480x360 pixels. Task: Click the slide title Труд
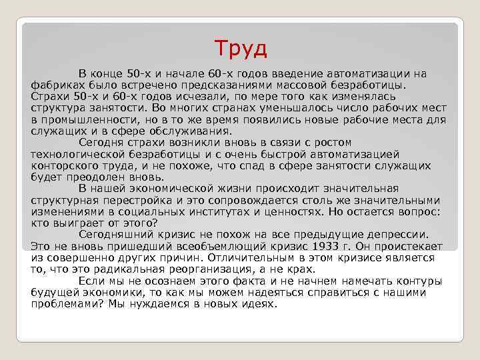point(241,48)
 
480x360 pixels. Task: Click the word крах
point(300,269)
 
